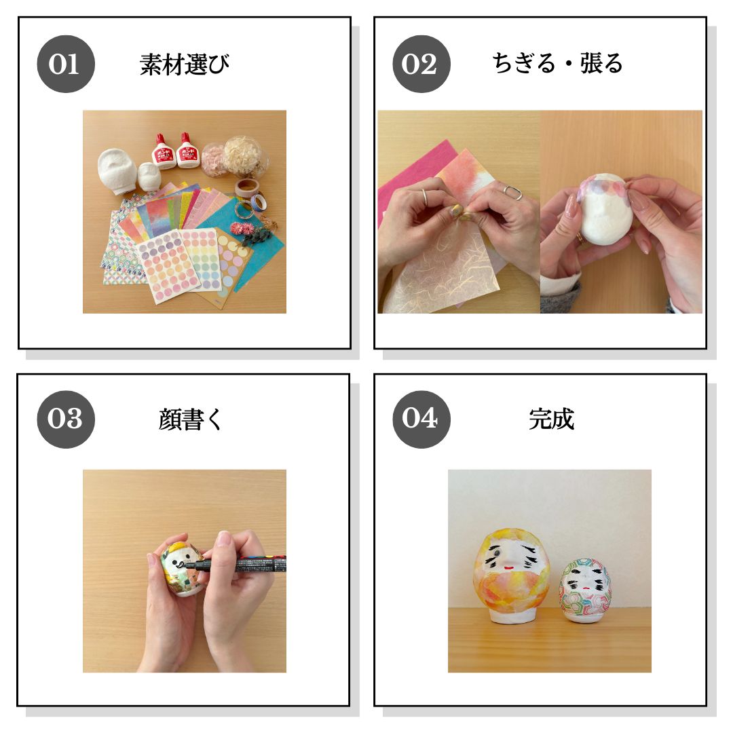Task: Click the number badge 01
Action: (65, 64)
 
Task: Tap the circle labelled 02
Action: (421, 64)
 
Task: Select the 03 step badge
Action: (65, 419)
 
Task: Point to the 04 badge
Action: (421, 419)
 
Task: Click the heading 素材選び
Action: (185, 64)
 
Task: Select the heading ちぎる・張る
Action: (557, 64)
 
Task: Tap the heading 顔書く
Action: (190, 419)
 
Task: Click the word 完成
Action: (552, 419)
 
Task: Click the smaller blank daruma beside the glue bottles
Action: (149, 176)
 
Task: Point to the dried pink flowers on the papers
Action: (242, 229)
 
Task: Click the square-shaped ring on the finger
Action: (512, 192)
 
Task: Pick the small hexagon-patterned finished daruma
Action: (585, 590)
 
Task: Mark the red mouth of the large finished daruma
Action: (510, 569)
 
